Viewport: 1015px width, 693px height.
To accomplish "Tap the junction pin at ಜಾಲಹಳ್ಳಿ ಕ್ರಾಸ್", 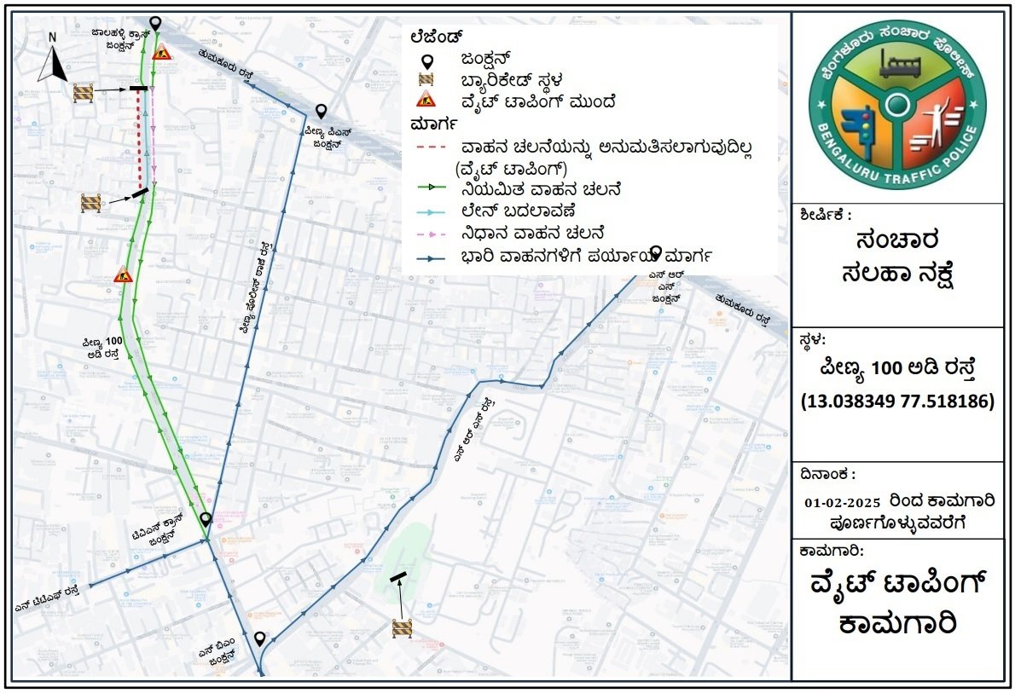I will point(154,23).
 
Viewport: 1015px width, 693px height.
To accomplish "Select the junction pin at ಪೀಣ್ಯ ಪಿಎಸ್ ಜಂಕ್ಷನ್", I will point(321,111).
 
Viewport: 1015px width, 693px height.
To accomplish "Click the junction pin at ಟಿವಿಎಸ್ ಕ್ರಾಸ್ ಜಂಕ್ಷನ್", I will point(206,518).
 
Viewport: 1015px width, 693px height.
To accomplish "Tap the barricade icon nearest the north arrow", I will point(83,91).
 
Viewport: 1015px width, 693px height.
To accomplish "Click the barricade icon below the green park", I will point(402,628).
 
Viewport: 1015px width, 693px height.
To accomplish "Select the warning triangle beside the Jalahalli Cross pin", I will point(162,50).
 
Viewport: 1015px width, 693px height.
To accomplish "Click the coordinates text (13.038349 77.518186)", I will point(896,401).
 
